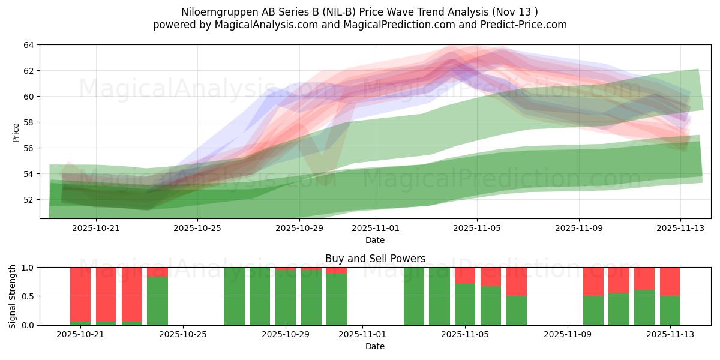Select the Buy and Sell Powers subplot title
coord(375,259)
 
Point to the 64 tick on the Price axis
coord(29,45)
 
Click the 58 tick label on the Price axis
coord(29,122)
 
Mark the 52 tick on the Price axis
coord(29,200)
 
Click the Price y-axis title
coord(16,132)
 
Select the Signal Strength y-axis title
coord(13,296)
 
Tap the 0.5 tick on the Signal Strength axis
coord(27,296)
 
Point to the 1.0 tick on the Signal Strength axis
coord(27,268)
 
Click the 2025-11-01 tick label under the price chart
coord(375,228)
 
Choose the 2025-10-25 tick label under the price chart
coord(198,228)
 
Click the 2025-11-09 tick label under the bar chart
coord(567,334)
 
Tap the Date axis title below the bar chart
coord(375,346)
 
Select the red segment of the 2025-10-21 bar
coord(80,294)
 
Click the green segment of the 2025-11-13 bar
coord(670,311)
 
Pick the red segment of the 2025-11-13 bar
coord(670,281)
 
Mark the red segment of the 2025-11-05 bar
coord(464,275)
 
